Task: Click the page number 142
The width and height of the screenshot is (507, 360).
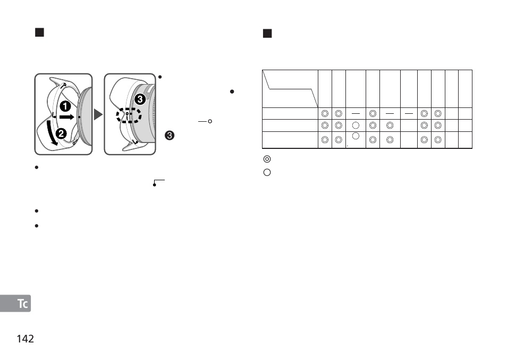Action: (26, 338)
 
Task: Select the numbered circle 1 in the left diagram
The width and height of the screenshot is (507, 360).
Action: (65, 105)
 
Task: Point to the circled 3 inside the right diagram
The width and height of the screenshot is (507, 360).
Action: (140, 99)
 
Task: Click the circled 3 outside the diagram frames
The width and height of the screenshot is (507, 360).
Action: (169, 136)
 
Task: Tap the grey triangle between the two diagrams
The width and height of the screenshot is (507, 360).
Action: (98, 114)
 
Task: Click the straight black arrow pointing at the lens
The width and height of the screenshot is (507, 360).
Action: (66, 115)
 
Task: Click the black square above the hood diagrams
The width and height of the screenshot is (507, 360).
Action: (39, 33)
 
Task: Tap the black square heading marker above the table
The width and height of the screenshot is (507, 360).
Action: (267, 34)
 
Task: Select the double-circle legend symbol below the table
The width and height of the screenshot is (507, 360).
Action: (267, 158)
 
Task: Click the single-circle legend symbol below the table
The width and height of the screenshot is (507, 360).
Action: (267, 172)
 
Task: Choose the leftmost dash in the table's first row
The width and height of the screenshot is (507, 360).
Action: (356, 113)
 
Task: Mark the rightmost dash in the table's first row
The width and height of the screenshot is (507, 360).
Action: (408, 113)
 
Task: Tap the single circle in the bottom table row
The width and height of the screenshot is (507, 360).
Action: (356, 137)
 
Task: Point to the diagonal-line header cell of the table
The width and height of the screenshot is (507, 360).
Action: (290, 88)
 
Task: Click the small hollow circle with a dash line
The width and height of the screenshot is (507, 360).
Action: (210, 122)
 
